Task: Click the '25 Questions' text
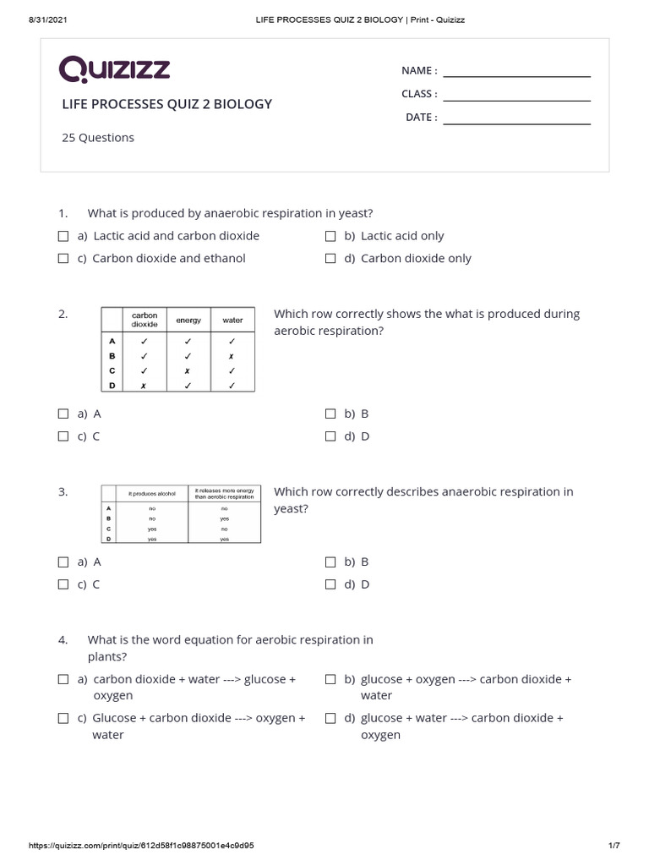pyautogui.click(x=98, y=138)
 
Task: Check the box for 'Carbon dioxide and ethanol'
pyautogui.click(x=63, y=259)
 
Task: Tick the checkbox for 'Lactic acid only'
pyautogui.click(x=330, y=236)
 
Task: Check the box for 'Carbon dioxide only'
pyautogui.click(x=330, y=259)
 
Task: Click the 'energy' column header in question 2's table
pyautogui.click(x=188, y=321)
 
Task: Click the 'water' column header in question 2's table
pyautogui.click(x=232, y=321)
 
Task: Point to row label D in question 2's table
pyautogui.click(x=112, y=385)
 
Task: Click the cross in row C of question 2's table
pyautogui.click(x=188, y=370)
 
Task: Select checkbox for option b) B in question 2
pyautogui.click(x=330, y=414)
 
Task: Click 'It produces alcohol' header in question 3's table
pyautogui.click(x=151, y=493)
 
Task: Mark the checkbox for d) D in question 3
pyautogui.click(x=330, y=584)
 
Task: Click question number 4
pyautogui.click(x=63, y=640)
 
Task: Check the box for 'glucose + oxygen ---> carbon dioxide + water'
pyautogui.click(x=330, y=679)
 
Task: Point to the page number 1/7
pyautogui.click(x=614, y=846)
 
